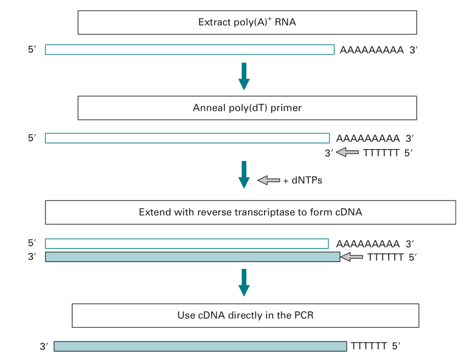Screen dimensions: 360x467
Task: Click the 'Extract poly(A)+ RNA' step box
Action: tap(247, 22)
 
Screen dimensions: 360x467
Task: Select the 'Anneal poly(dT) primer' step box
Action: tap(247, 108)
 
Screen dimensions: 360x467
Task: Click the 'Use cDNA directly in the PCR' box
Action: tap(245, 315)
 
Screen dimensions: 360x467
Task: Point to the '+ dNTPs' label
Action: tap(303, 180)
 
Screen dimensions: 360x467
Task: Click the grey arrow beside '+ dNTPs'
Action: tap(269, 180)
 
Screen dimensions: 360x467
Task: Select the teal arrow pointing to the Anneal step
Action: tap(245, 76)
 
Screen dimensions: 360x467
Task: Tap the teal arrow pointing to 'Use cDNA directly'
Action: tap(245, 282)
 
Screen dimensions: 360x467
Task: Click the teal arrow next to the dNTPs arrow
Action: tap(245, 174)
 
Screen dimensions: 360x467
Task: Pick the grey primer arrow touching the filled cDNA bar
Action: tap(352, 257)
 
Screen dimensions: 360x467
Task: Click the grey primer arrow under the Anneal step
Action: tap(348, 152)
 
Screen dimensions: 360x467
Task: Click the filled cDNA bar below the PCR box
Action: tap(200, 346)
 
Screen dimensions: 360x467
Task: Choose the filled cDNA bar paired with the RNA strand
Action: tap(192, 257)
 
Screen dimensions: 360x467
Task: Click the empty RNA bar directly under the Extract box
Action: tap(189, 49)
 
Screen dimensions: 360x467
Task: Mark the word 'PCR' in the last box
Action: tap(303, 315)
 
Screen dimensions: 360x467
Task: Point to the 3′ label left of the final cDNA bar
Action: tap(44, 346)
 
